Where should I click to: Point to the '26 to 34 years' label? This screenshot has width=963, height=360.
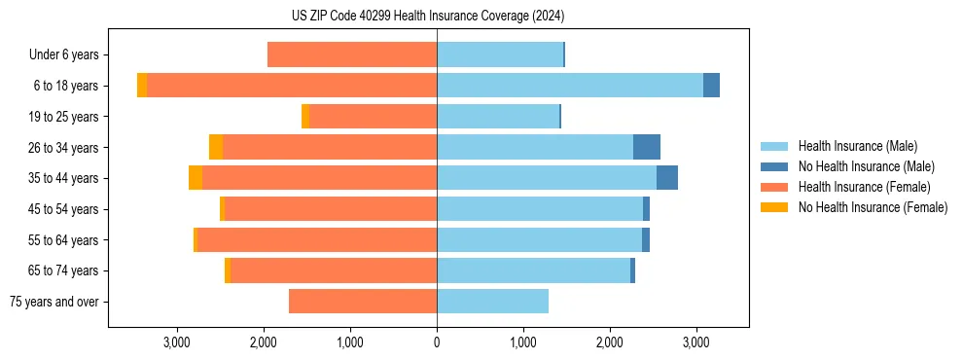[64, 148]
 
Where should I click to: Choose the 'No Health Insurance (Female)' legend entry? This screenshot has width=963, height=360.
[873, 207]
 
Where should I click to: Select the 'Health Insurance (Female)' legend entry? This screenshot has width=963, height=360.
[864, 187]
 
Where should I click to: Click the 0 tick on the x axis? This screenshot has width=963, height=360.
[437, 342]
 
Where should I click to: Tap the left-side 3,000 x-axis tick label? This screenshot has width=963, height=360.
[176, 342]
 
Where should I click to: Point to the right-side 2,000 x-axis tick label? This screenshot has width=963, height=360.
[609, 342]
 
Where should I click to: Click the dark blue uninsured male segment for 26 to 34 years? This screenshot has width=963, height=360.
[647, 147]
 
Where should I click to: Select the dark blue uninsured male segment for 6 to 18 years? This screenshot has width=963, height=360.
[711, 86]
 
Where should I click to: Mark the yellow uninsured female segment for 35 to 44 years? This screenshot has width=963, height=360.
[196, 178]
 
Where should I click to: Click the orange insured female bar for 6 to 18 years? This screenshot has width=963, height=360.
[292, 86]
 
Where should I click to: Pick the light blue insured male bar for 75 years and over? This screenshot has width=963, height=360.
[492, 302]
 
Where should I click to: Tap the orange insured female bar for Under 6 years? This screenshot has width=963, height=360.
[352, 55]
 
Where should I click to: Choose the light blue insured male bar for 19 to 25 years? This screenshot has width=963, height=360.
[498, 117]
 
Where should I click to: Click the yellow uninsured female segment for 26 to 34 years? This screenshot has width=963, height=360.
[216, 147]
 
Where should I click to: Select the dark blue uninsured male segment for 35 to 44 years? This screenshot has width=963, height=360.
[667, 178]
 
